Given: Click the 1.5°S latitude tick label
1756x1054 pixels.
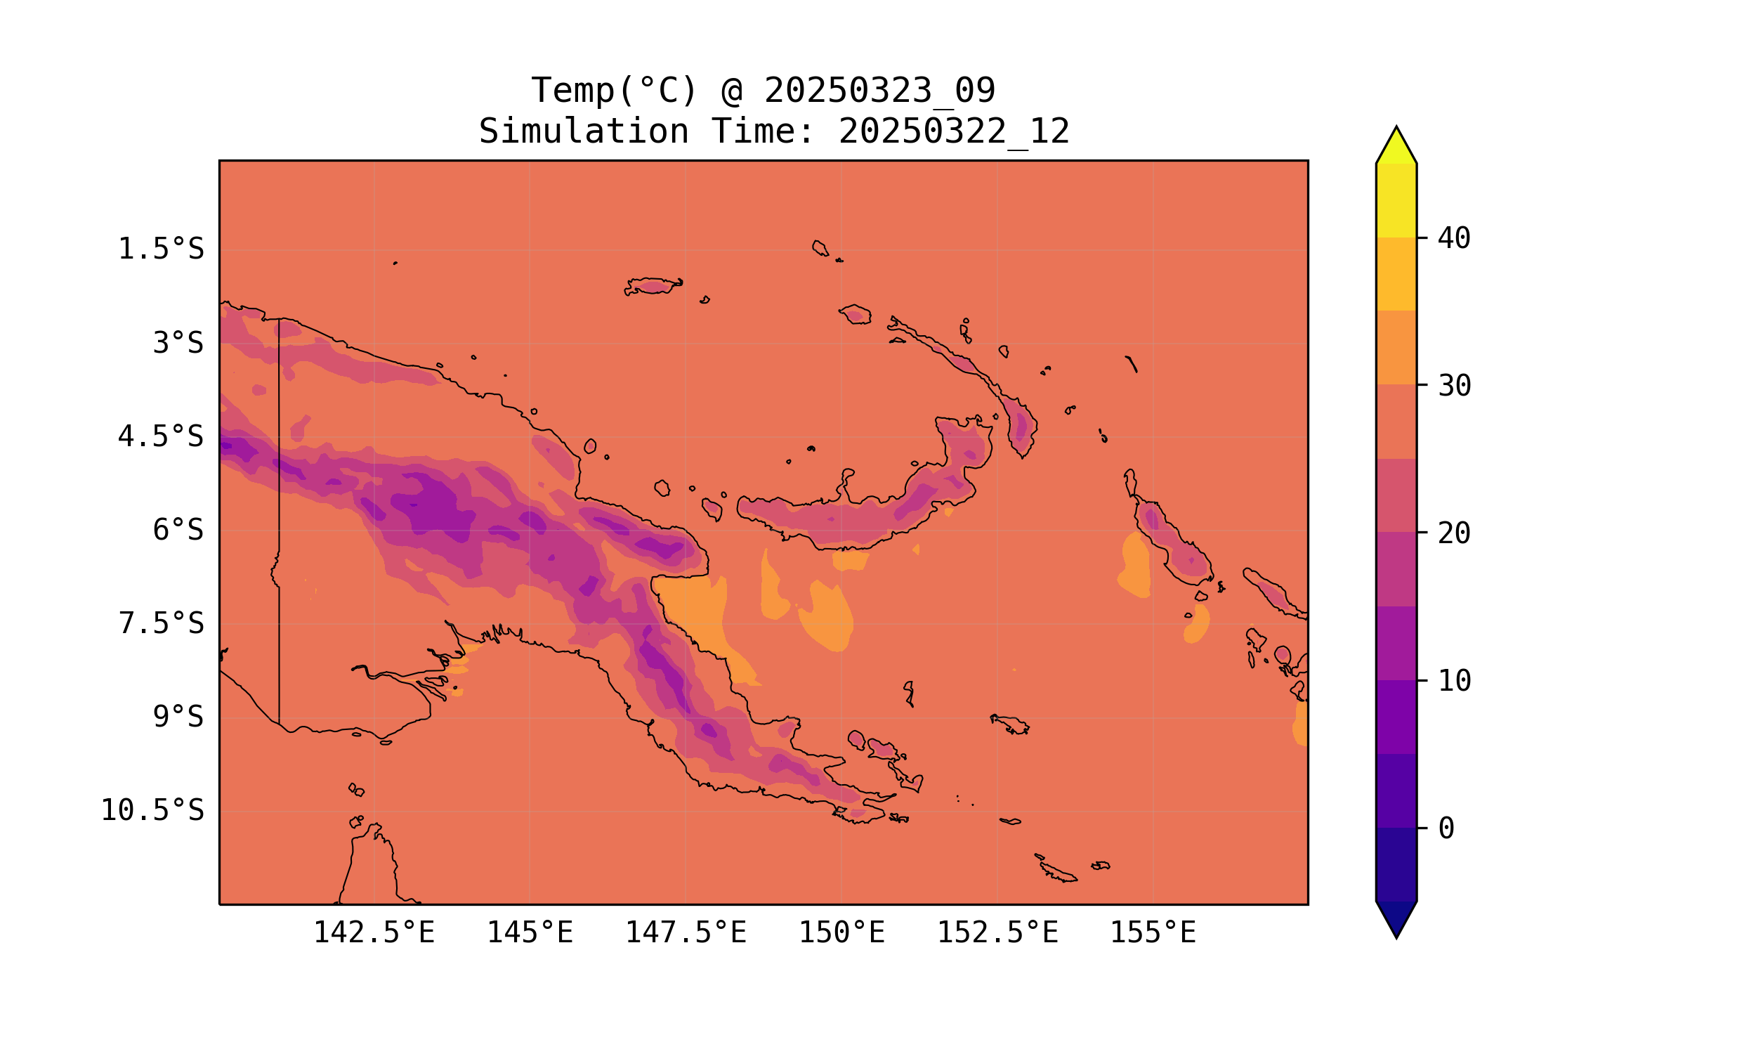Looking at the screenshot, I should [x=161, y=249].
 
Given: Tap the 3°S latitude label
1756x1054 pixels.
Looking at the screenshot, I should [x=178, y=343].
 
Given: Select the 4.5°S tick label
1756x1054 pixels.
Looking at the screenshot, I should [x=161, y=437].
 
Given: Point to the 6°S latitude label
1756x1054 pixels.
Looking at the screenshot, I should [x=178, y=530].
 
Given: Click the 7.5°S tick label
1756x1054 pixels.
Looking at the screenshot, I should [x=161, y=623].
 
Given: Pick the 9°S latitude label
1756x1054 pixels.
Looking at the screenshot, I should [x=178, y=717].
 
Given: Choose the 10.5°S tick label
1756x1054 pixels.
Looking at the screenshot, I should [x=152, y=810].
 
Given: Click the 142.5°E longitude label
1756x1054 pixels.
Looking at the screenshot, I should [x=374, y=932].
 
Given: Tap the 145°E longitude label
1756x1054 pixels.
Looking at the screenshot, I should [x=530, y=932].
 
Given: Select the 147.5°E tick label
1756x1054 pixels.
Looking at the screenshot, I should [x=686, y=932].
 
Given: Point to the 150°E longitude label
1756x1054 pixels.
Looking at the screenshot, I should [x=841, y=932].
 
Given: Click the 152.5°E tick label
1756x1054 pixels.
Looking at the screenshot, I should [x=997, y=932].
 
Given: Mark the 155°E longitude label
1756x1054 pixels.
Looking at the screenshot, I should [x=1153, y=932].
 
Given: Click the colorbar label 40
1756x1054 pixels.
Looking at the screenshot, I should [x=1455, y=239].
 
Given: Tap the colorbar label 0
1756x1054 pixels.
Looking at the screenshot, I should [x=1446, y=828].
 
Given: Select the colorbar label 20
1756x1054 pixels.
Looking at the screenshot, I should [x=1455, y=533].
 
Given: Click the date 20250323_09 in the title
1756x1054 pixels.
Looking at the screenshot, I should [x=879, y=91].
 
